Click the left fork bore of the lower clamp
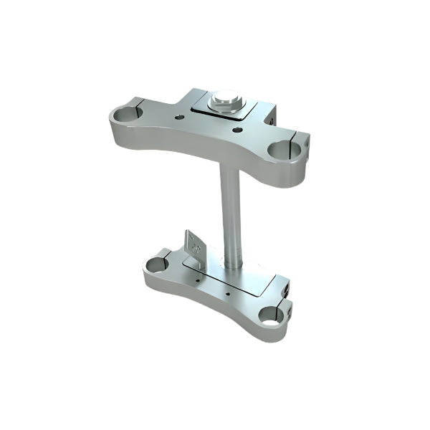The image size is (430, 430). [156, 265]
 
